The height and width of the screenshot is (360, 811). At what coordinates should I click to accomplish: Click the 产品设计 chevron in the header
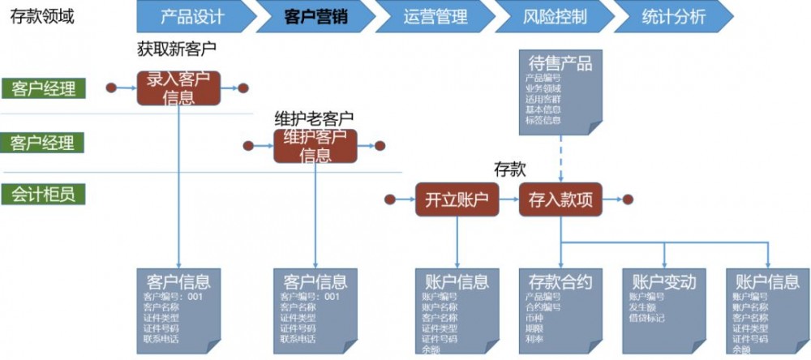coord(192,16)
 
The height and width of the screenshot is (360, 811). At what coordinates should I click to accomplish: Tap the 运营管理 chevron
coord(436,16)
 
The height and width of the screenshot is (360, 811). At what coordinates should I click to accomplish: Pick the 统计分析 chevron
coord(672,16)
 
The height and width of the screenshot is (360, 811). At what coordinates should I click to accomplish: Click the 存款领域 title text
coord(41,16)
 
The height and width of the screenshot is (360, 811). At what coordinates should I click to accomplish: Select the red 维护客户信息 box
coord(315,145)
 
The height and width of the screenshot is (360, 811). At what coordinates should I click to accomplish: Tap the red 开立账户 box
coord(457,199)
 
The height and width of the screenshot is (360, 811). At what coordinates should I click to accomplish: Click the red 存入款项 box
coord(560,199)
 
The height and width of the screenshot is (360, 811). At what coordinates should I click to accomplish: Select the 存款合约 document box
coord(560,309)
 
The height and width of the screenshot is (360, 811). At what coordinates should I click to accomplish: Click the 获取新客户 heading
coord(178,49)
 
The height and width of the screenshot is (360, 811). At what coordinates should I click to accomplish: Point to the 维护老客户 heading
coord(314,119)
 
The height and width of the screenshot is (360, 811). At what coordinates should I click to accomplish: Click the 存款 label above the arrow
coord(510,169)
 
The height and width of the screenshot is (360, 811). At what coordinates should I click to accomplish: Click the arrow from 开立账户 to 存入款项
coord(508,199)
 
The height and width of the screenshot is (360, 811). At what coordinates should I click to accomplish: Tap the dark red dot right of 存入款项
coord(628,199)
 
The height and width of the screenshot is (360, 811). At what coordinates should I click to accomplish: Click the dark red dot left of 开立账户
coord(390,199)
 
